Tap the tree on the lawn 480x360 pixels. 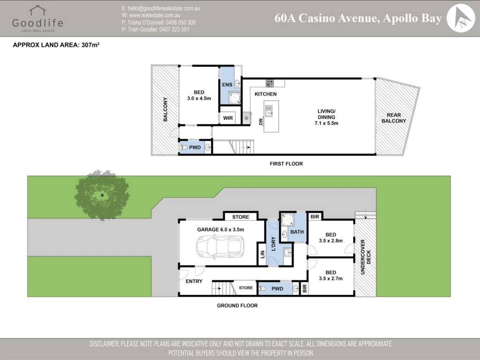[x=102, y=195]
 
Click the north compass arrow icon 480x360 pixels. [x=460, y=18]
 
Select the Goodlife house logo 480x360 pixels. [x=37, y=10]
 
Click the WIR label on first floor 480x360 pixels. [x=228, y=118]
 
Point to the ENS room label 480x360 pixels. [x=227, y=84]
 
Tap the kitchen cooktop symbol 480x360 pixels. [x=270, y=82]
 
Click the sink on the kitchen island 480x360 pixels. [x=269, y=111]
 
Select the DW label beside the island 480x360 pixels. [x=261, y=121]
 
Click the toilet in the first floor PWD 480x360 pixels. [x=184, y=147]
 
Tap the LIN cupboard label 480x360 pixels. [x=262, y=254]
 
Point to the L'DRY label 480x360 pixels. [x=273, y=244]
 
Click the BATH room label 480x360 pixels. [x=297, y=232]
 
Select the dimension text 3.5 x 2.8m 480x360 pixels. [x=330, y=240]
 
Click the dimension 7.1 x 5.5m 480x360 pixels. [x=326, y=123]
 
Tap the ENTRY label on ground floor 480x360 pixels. [x=194, y=281]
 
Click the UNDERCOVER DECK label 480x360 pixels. [x=366, y=257]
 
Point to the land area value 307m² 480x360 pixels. [x=90, y=45]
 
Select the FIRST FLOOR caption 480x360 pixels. [x=286, y=164]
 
